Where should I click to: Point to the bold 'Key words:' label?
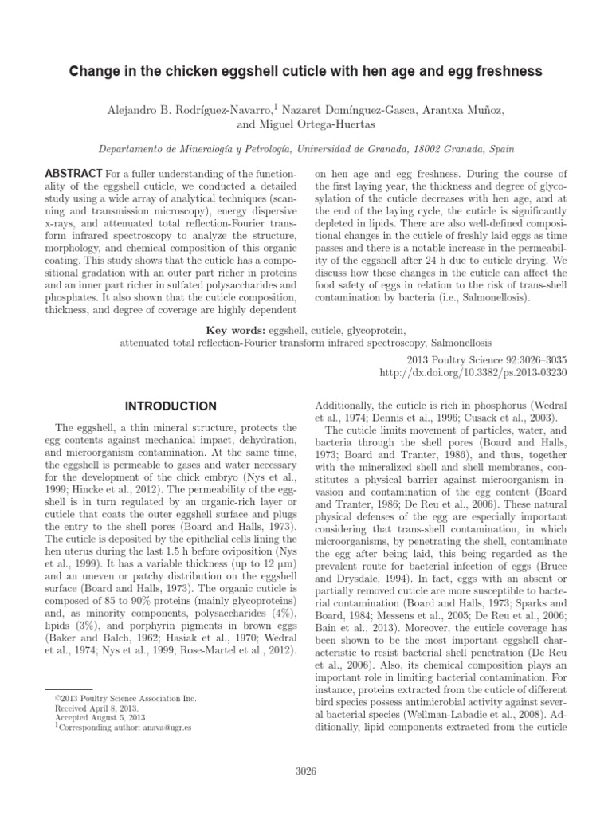[x=236, y=329]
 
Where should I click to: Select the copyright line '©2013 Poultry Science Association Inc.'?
[x=124, y=698]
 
